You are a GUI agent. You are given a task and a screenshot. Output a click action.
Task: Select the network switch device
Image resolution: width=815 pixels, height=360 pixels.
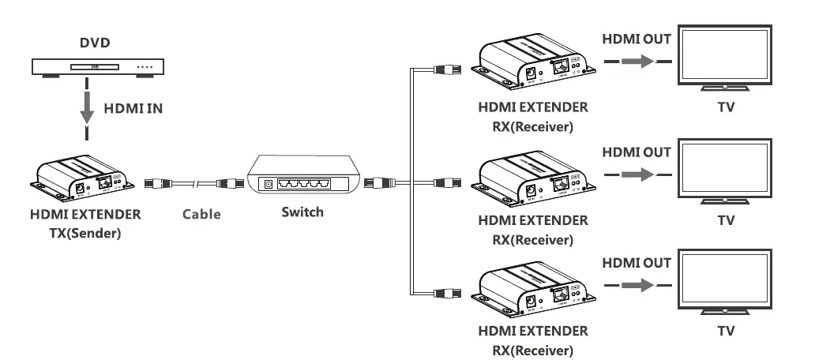303,176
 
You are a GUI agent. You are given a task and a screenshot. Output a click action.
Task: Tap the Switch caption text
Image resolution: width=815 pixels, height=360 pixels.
302,212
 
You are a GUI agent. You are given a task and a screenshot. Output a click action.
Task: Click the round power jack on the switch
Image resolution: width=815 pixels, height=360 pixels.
268,183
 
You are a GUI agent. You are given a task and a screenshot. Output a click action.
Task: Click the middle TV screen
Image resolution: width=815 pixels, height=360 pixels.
726,171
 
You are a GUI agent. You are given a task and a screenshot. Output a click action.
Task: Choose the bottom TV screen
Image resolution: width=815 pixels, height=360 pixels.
726,282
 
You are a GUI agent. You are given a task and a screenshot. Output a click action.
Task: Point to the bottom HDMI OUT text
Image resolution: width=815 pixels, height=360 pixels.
637,263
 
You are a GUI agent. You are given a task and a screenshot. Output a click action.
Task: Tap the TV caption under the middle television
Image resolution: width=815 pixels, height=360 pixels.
726,220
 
